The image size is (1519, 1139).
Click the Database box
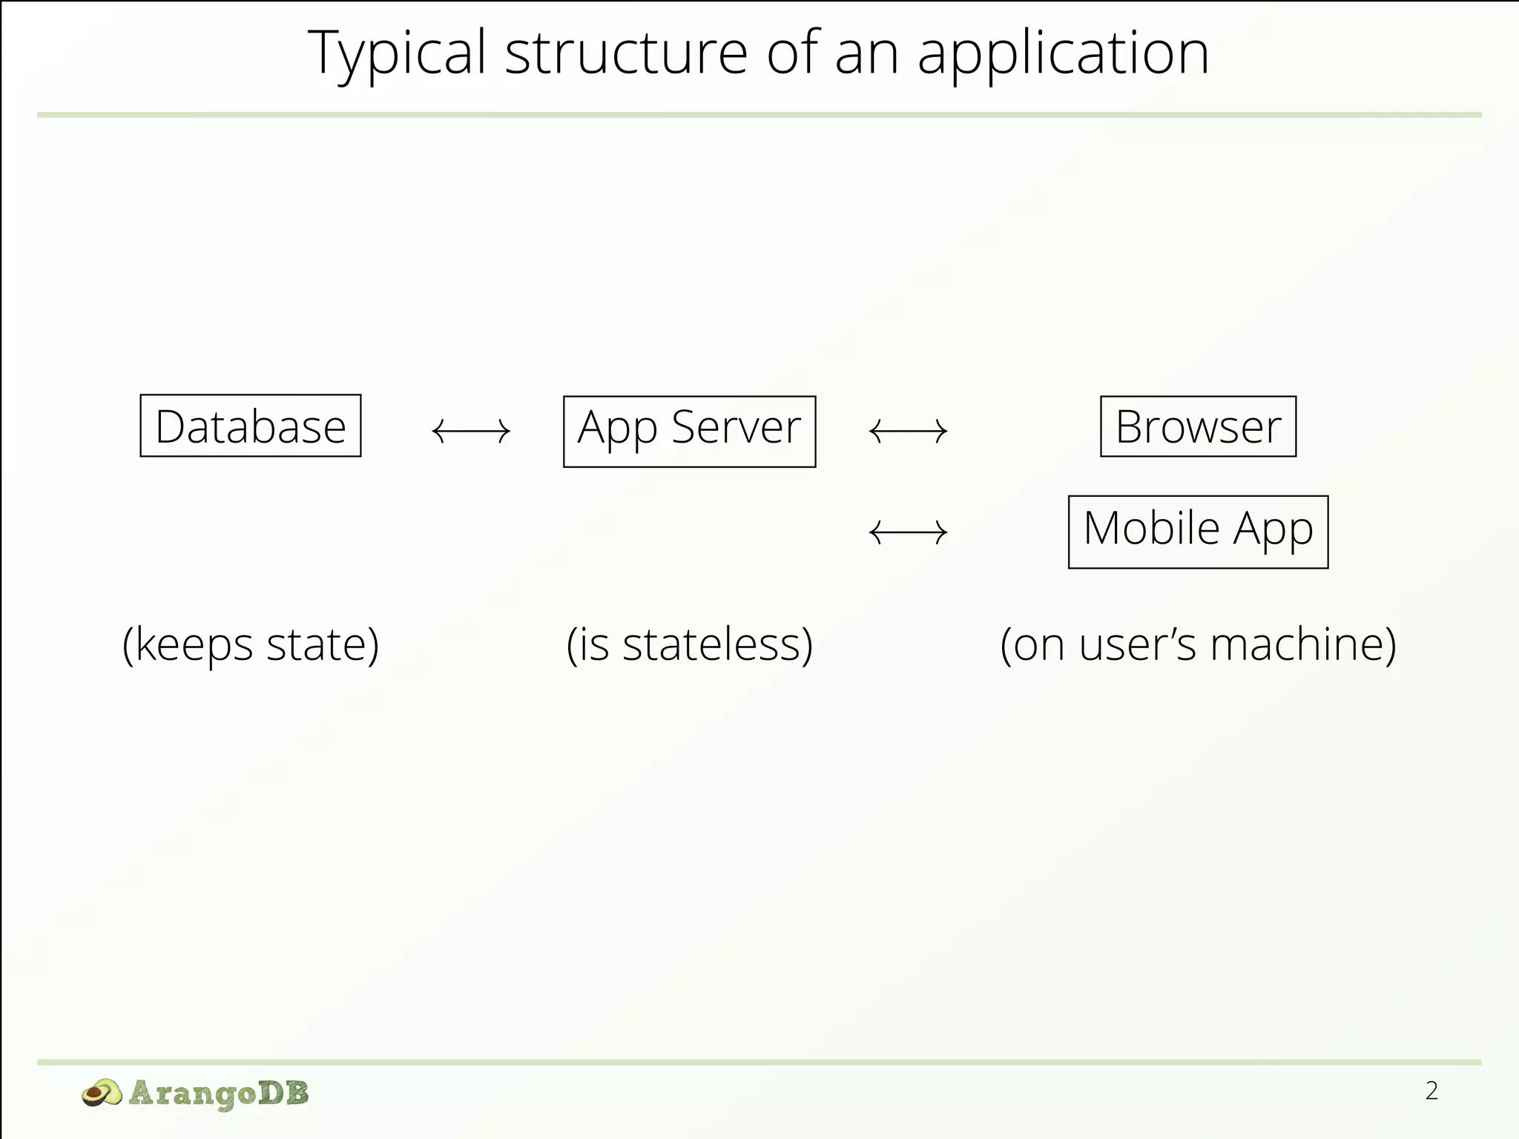pos(251,426)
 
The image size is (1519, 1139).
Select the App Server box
pos(689,431)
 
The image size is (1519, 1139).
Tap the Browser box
pos(1198,426)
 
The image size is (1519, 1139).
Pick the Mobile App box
pos(1198,532)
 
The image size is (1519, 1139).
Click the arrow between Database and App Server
pos(471,431)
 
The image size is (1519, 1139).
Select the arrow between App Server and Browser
pos(908,431)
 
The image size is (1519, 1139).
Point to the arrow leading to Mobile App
pos(908,532)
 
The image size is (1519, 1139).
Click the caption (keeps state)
pos(251,644)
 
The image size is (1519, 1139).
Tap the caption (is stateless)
pos(689,644)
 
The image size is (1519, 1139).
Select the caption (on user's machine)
pos(1198,644)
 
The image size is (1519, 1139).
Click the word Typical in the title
pos(397,53)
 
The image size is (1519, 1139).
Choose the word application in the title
pos(1063,53)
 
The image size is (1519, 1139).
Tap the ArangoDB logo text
pos(218,1093)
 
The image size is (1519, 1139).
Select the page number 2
pos(1431,1091)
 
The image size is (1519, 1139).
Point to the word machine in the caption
pos(1294,644)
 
